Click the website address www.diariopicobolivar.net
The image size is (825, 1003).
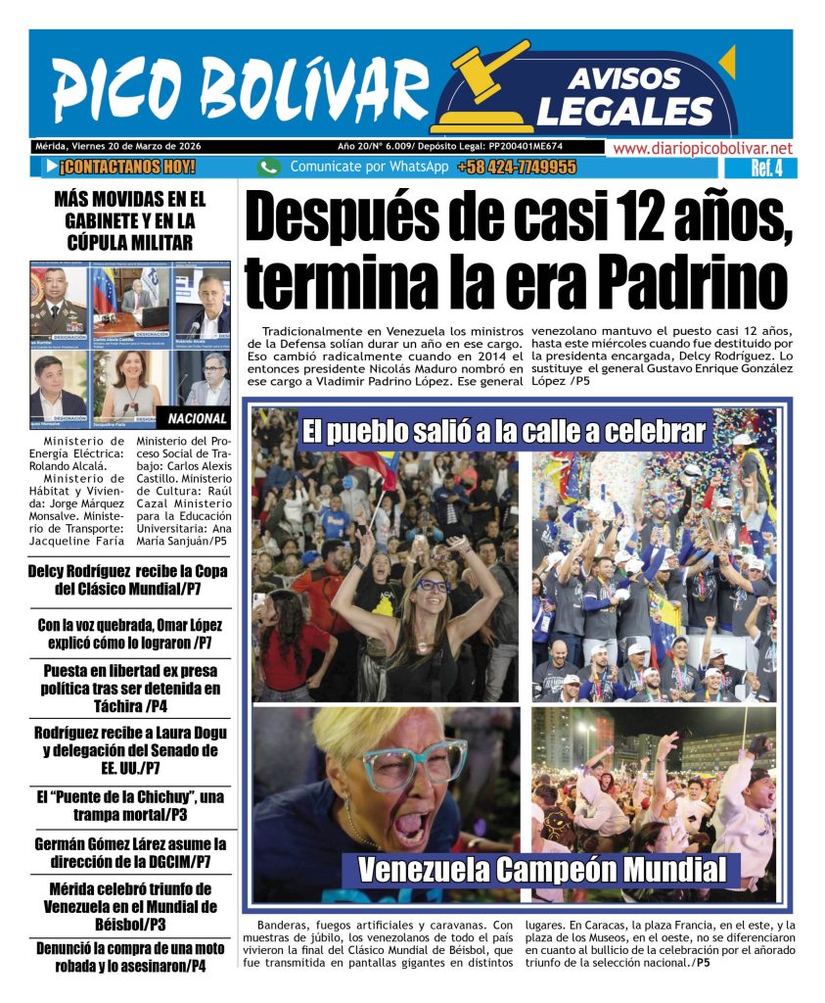point(702,149)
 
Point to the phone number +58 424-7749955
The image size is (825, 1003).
point(516,167)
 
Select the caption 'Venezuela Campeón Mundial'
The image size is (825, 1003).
point(542,870)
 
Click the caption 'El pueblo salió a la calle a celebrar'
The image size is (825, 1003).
point(503,432)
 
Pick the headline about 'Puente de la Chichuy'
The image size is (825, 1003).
point(130,805)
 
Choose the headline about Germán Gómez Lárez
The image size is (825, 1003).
point(130,852)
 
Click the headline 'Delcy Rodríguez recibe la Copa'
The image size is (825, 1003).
point(130,580)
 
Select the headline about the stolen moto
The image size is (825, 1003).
point(130,956)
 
